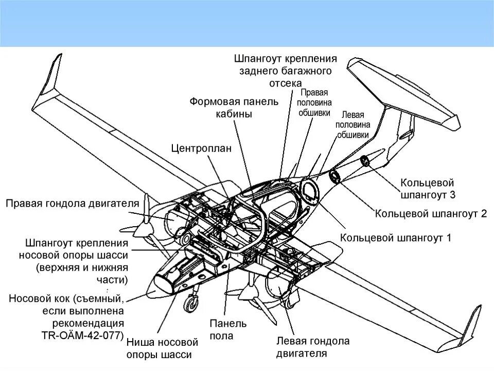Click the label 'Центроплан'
pos(201,148)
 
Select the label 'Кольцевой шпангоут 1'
pos(395,238)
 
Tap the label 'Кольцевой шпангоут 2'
pos(430,213)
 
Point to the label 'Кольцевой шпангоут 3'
pos(427,189)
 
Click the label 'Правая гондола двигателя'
pos(73,203)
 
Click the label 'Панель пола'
pos(228,330)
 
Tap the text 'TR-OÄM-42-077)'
pos(83,335)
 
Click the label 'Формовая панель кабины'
pos(234,108)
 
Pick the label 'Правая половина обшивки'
pos(314,103)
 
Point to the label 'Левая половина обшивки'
pos(353,125)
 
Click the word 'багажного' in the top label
pos(307,71)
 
